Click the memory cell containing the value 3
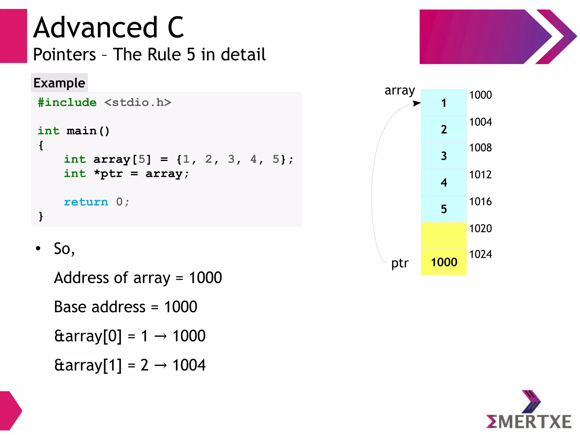click(x=443, y=156)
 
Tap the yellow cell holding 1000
click(x=443, y=262)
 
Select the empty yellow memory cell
click(x=443, y=235)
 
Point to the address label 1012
click(x=480, y=175)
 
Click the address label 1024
click(x=480, y=254)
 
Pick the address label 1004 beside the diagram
click(x=480, y=122)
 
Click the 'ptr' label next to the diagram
click(x=400, y=263)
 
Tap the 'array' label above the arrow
click(x=399, y=91)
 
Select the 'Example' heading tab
click(x=59, y=83)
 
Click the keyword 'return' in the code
click(x=86, y=202)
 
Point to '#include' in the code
click(x=67, y=102)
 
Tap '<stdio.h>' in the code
click(x=138, y=102)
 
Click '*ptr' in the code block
click(x=108, y=173)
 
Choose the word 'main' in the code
click(x=82, y=131)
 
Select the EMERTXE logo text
click(x=528, y=421)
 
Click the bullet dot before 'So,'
click(x=38, y=249)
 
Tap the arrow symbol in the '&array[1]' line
click(x=161, y=365)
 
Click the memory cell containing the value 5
click(x=443, y=209)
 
